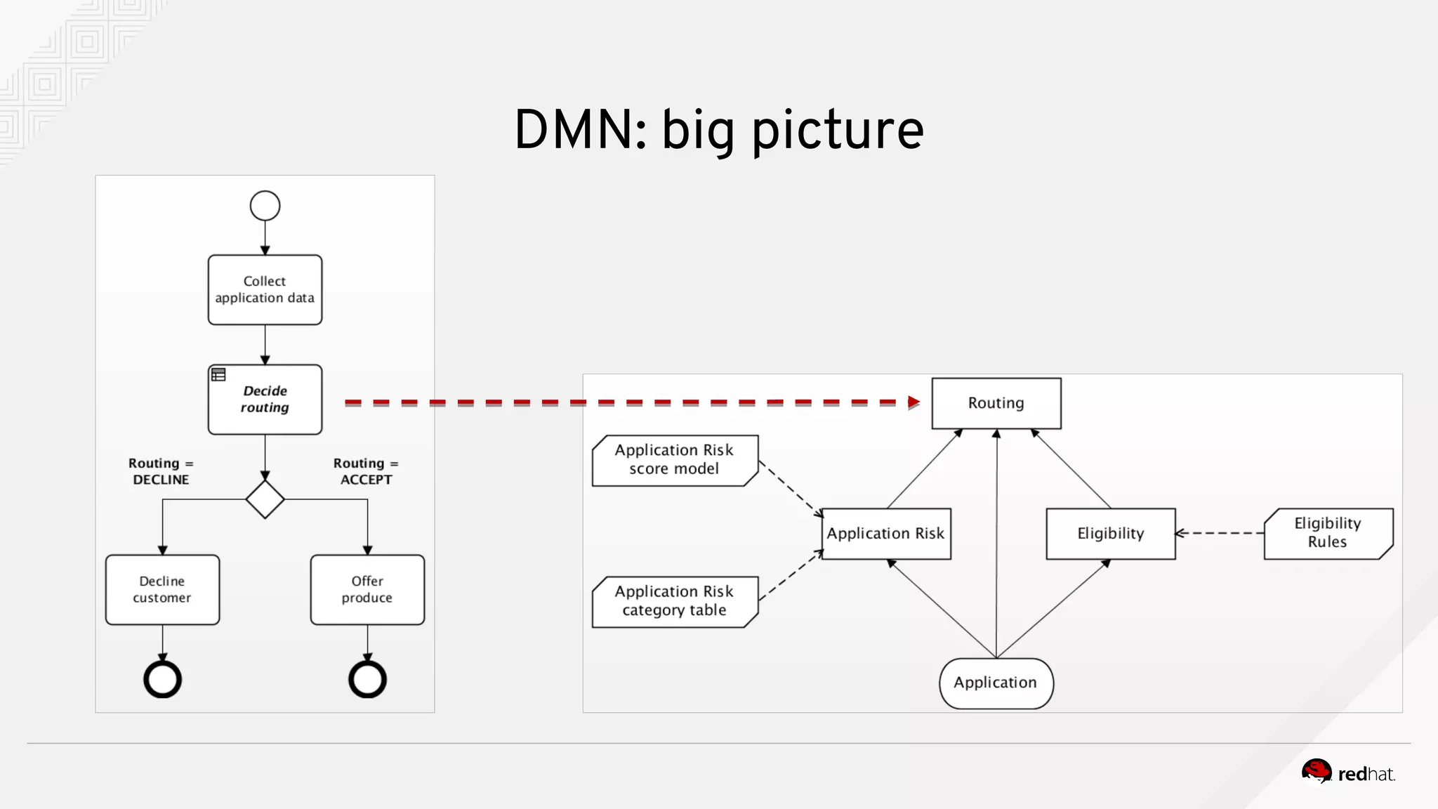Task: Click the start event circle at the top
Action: pyautogui.click(x=265, y=206)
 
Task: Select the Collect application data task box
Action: pyautogui.click(x=265, y=289)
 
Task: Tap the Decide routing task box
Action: pyautogui.click(x=265, y=399)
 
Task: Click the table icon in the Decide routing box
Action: pyautogui.click(x=218, y=375)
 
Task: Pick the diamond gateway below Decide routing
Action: pyautogui.click(x=265, y=499)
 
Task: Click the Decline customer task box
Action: pyautogui.click(x=162, y=589)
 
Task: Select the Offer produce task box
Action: pyautogui.click(x=367, y=589)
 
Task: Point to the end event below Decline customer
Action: pyautogui.click(x=162, y=679)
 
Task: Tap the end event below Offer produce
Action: pyautogui.click(x=367, y=679)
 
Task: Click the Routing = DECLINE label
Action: pyautogui.click(x=161, y=471)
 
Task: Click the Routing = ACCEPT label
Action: pyautogui.click(x=366, y=471)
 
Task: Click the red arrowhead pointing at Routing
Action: pyautogui.click(x=913, y=402)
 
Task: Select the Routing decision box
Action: pyautogui.click(x=996, y=403)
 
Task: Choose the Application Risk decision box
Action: pyautogui.click(x=885, y=534)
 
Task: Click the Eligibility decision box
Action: pyautogui.click(x=1110, y=534)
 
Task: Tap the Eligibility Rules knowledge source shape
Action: pyautogui.click(x=1327, y=533)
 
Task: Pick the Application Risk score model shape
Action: pyautogui.click(x=674, y=460)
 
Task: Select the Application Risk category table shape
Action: pyautogui.click(x=674, y=601)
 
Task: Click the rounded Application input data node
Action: pyautogui.click(x=996, y=683)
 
